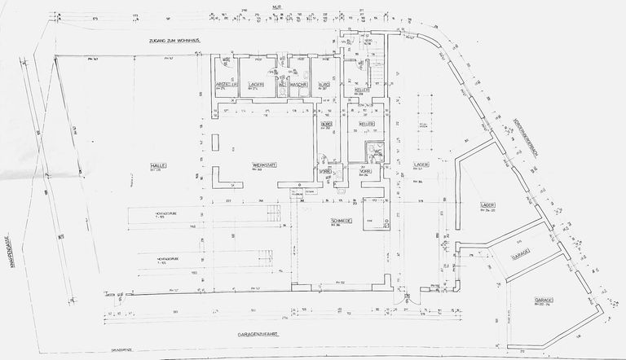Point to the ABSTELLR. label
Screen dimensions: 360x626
(x=226, y=85)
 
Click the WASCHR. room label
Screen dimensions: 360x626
(x=298, y=85)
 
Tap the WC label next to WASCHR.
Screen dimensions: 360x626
(x=282, y=85)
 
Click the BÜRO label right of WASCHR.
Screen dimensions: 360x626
(x=324, y=85)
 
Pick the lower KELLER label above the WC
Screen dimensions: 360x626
(x=366, y=124)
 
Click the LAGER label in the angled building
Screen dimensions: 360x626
(x=488, y=204)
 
